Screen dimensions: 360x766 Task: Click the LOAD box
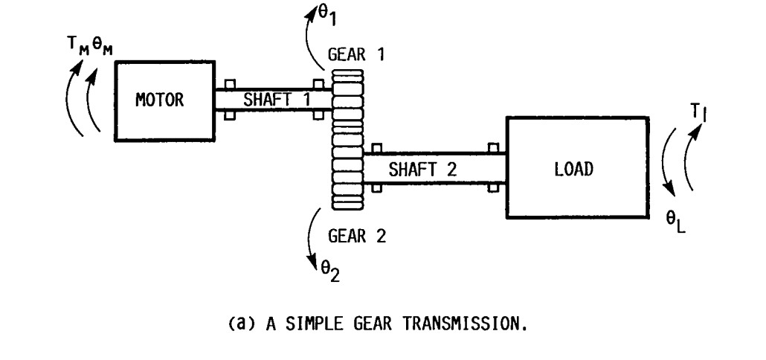(x=573, y=168)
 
